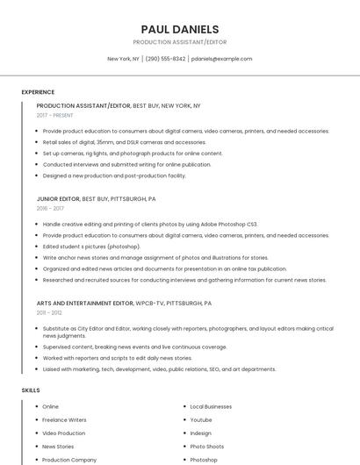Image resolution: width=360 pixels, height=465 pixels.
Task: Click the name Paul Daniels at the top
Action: click(x=179, y=29)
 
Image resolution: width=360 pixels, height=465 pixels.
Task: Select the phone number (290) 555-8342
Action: click(x=165, y=59)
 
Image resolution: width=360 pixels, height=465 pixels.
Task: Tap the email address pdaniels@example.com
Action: click(x=221, y=59)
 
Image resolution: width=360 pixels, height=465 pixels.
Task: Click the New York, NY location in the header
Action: click(x=123, y=59)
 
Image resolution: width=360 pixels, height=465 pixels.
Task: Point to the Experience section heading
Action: click(x=38, y=92)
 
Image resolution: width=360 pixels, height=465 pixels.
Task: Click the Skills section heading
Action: click(x=31, y=390)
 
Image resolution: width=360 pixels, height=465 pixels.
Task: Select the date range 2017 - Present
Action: click(x=55, y=115)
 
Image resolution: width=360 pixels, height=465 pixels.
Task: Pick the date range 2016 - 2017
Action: click(x=50, y=209)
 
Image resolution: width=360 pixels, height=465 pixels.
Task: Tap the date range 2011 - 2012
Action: click(x=49, y=312)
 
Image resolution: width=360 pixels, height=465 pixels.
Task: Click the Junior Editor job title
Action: click(x=58, y=199)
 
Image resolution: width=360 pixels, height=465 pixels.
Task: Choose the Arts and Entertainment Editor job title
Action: click(x=85, y=303)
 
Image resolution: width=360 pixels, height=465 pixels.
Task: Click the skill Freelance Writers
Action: click(x=64, y=420)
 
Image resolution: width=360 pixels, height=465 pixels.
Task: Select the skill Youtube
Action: click(x=201, y=420)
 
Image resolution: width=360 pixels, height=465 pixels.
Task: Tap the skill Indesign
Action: click(x=201, y=433)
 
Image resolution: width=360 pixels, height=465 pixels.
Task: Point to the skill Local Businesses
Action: click(x=211, y=407)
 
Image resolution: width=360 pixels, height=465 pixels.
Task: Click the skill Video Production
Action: click(x=64, y=433)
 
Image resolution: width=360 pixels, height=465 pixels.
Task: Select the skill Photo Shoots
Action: click(x=207, y=447)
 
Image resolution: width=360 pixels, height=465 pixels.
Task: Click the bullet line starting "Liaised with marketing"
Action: click(x=159, y=369)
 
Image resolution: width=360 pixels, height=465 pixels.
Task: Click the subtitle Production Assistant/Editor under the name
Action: click(x=179, y=41)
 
